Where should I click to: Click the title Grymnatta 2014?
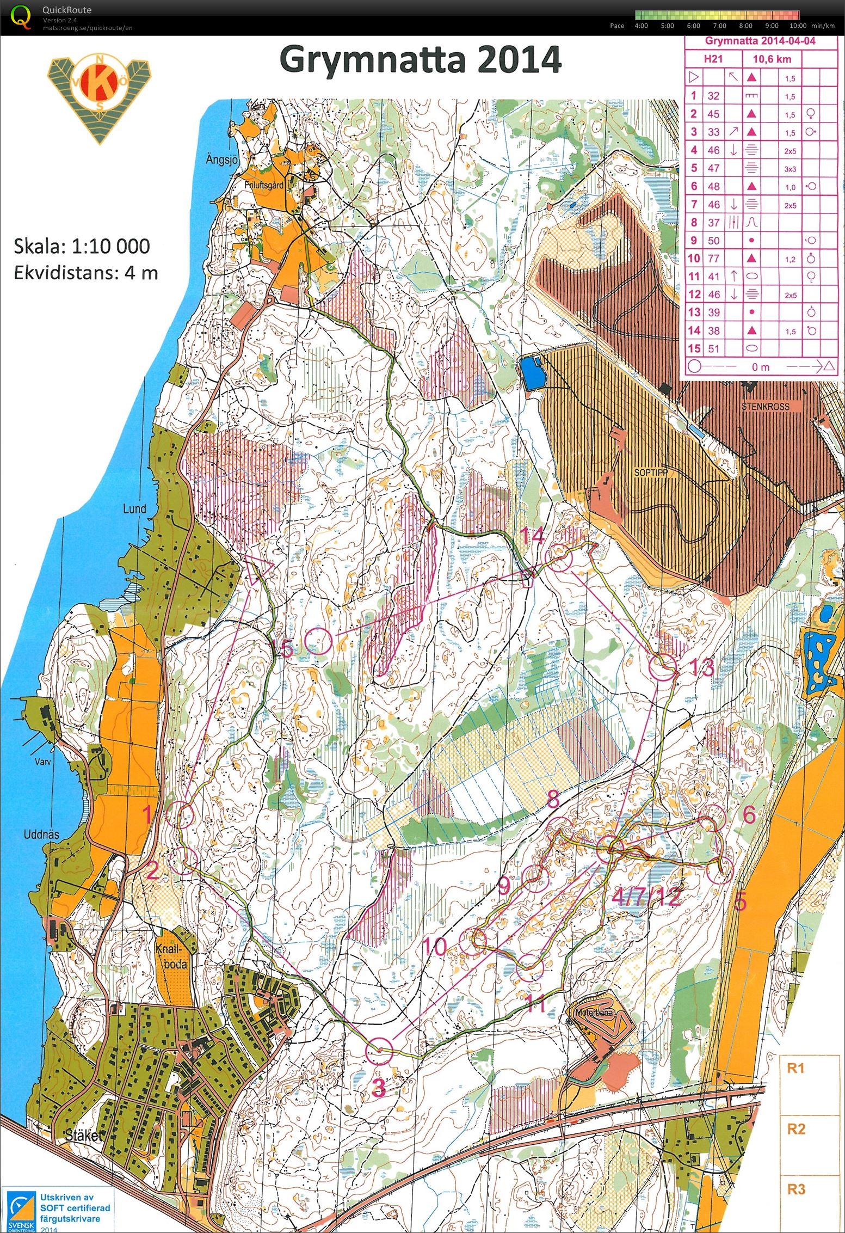click(420, 60)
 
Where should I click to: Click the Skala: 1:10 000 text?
click(82, 246)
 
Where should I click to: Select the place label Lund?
click(134, 509)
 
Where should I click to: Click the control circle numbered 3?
click(379, 1052)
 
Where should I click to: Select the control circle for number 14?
click(559, 559)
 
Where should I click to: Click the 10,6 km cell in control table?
click(769, 59)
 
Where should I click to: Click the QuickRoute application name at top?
click(67, 10)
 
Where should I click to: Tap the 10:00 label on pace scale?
click(797, 26)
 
